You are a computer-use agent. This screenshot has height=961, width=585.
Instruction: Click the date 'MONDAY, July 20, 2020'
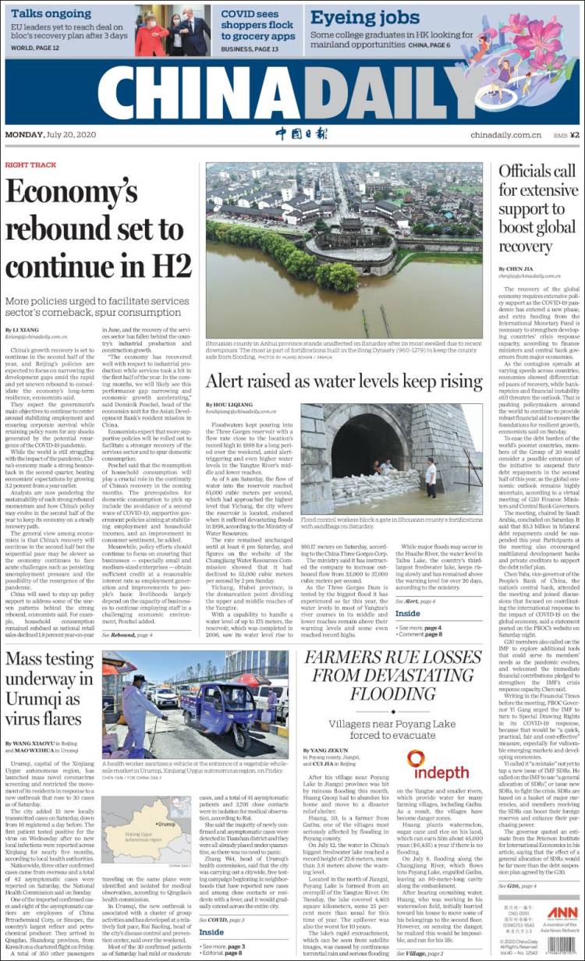point(53,135)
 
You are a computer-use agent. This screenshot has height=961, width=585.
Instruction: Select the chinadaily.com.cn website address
point(505,135)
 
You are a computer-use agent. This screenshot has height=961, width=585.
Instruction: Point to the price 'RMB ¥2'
point(565,135)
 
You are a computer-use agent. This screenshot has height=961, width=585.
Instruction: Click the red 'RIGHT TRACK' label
point(30,165)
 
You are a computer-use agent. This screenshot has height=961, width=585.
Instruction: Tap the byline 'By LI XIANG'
point(26,329)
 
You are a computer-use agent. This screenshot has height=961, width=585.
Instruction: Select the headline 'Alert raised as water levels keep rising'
point(344,381)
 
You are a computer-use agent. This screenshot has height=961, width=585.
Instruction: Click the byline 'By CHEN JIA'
point(516,268)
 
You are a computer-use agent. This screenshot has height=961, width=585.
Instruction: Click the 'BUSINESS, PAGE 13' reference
point(250,48)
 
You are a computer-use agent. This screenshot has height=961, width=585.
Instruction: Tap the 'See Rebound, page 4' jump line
point(127,635)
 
